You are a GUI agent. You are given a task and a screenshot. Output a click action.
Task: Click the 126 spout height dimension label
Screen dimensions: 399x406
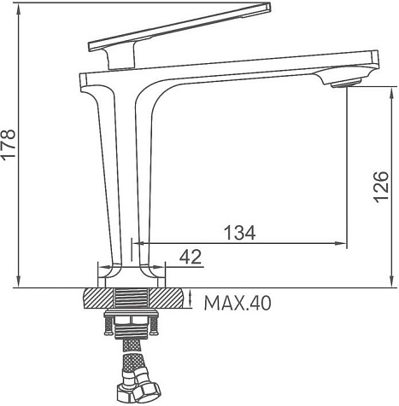click(381, 187)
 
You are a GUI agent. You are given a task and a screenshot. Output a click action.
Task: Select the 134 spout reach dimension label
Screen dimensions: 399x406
click(240, 233)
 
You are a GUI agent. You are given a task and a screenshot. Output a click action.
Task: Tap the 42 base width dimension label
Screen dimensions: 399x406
click(191, 257)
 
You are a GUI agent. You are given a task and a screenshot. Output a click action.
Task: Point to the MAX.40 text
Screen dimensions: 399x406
click(238, 303)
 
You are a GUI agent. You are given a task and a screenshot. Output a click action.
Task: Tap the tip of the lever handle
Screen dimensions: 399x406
click(269, 7)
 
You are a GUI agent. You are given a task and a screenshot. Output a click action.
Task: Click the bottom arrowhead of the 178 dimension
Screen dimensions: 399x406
click(19, 281)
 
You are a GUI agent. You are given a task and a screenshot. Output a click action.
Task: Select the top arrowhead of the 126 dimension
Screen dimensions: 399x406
click(392, 93)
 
